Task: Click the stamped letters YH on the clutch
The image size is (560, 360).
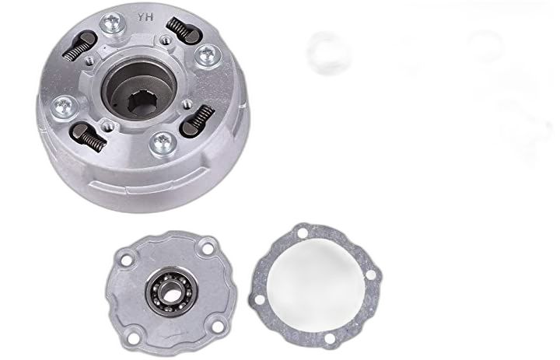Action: click(x=145, y=17)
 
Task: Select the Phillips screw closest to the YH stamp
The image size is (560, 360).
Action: click(x=113, y=23)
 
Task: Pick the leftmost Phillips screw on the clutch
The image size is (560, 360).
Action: click(x=65, y=107)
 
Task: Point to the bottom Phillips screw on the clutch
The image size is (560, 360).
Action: click(x=163, y=143)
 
